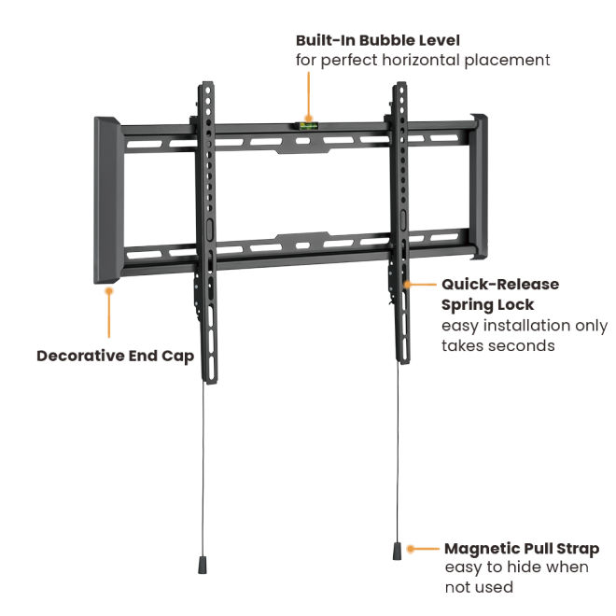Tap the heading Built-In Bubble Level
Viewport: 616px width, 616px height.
(378, 40)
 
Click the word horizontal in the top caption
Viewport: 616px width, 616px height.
(421, 60)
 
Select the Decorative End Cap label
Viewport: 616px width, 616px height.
(115, 356)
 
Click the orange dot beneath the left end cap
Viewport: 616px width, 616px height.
(109, 290)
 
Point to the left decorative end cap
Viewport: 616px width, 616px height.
(107, 200)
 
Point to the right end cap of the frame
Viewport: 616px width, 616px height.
(479, 187)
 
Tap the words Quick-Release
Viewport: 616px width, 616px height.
(500, 285)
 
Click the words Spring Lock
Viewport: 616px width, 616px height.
(487, 305)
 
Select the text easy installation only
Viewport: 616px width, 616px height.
(525, 326)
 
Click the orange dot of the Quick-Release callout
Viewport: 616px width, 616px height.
(407, 284)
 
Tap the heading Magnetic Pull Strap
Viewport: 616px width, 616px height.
(522, 549)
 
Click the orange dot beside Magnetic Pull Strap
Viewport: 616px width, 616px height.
(411, 549)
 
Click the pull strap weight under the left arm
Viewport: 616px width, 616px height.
(203, 565)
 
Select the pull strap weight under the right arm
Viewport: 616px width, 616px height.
(398, 552)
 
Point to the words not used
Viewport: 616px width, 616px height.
(479, 587)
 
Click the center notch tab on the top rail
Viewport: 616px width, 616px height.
(302, 149)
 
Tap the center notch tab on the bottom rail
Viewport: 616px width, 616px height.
(302, 236)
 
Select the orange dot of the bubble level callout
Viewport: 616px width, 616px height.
(309, 118)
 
